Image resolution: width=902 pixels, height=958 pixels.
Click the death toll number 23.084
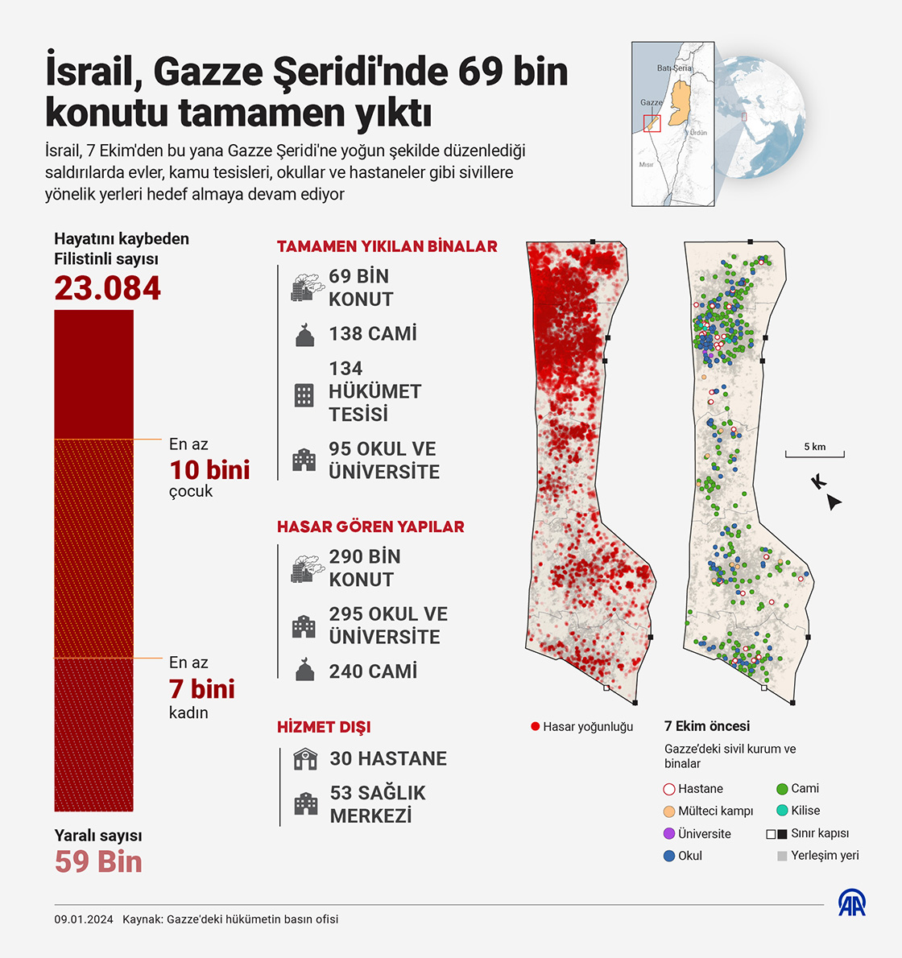tap(108, 288)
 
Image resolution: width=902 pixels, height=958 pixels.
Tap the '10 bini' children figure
tap(209, 469)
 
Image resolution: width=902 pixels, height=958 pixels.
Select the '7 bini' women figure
tap(201, 688)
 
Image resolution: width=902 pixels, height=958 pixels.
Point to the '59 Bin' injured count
tap(98, 861)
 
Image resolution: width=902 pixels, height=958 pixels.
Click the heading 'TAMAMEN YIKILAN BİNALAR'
tap(387, 246)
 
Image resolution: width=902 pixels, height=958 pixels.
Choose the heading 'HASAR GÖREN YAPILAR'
tap(370, 526)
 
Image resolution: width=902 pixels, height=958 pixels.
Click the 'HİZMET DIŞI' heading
tap(324, 727)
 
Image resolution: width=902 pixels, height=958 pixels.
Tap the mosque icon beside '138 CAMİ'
tap(304, 335)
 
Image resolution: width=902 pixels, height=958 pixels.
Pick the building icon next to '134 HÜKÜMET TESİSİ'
tap(304, 394)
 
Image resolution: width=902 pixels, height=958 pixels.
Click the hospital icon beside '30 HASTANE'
tap(305, 758)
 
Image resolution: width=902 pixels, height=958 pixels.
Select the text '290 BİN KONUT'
tap(364, 568)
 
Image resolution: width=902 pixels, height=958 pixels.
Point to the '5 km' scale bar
tap(815, 452)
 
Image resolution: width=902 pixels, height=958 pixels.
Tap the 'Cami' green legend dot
tap(782, 789)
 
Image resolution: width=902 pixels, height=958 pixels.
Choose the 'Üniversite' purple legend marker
tap(668, 833)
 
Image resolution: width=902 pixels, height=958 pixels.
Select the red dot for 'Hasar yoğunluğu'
tap(535, 726)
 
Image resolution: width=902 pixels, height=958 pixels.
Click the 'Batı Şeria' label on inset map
tap(674, 68)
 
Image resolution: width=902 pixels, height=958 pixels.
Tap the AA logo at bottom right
tap(852, 902)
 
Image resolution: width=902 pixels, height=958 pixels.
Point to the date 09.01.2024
tap(84, 919)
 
